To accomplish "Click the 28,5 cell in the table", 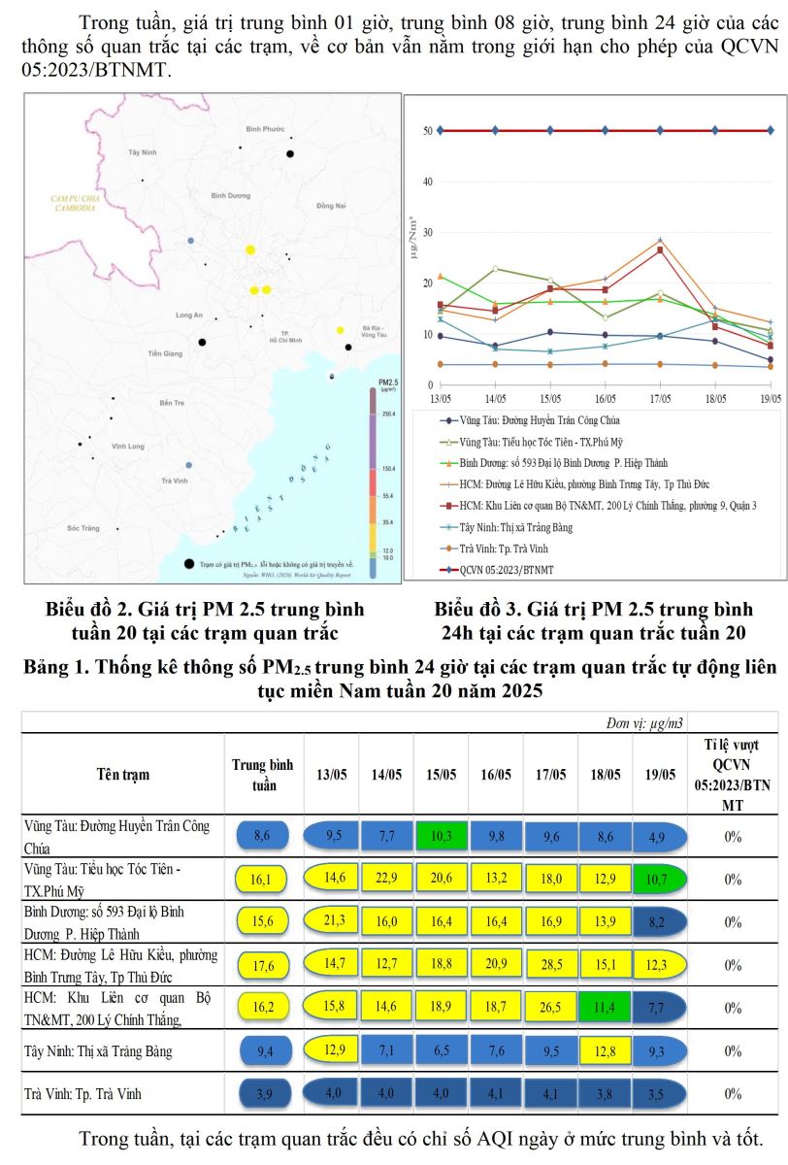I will [x=550, y=964].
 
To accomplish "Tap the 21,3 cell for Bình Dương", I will [x=331, y=920].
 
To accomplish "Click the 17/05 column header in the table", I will [x=550, y=774].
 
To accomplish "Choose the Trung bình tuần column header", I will [x=263, y=774].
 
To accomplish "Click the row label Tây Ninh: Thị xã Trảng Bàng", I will [x=101, y=1050].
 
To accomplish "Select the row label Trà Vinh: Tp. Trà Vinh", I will [x=82, y=1094].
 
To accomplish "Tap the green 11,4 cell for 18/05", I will [x=605, y=1008].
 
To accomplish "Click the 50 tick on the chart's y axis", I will [x=426, y=131].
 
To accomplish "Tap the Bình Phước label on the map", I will [x=264, y=129].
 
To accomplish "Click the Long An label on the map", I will [x=188, y=316].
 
